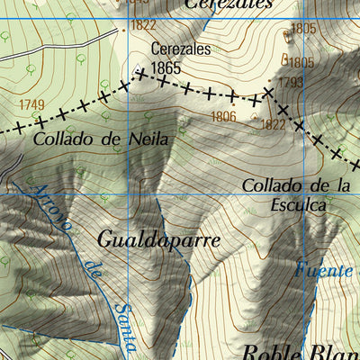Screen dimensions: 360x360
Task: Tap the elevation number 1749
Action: coord(31,105)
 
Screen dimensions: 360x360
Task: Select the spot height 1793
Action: coord(290,83)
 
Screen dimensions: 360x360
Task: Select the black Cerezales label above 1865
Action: coord(181,49)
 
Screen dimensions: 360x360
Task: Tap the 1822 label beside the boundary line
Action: coord(273,124)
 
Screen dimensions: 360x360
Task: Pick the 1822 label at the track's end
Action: coord(143,25)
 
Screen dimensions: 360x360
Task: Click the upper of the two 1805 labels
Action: coord(303,29)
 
